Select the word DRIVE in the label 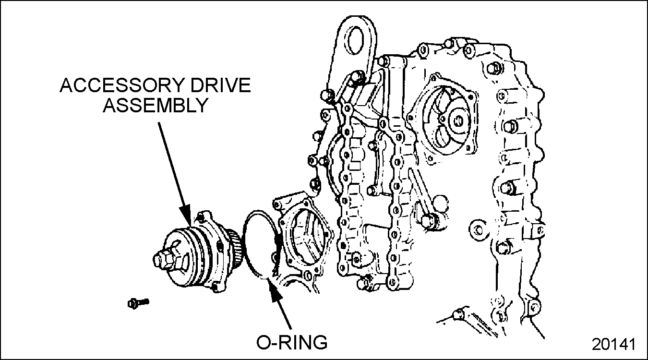(223, 86)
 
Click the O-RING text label (292, 342)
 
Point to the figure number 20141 (613, 345)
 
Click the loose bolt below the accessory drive (138, 302)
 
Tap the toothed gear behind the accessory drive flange (234, 240)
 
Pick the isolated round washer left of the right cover (477, 228)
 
